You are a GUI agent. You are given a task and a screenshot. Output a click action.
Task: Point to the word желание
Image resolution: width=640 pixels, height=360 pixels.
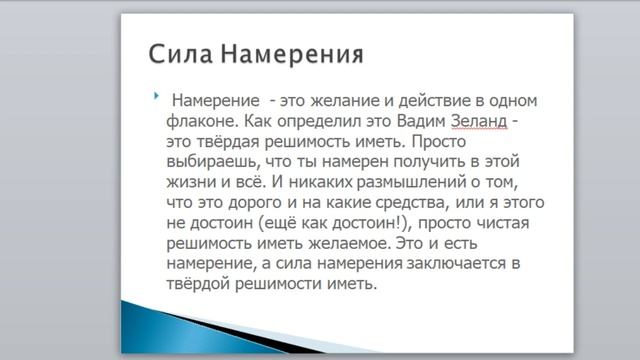coord(348,102)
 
